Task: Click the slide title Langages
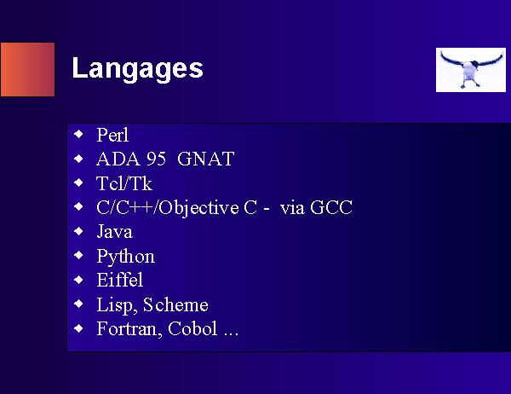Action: coord(137,69)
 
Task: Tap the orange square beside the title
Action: coord(28,70)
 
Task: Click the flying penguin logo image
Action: coord(471,70)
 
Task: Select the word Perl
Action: coord(112,135)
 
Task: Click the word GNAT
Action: coord(205,159)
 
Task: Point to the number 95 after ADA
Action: coord(156,159)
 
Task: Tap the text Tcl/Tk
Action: coord(124,183)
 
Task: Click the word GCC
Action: coord(331,207)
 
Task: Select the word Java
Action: coord(115,232)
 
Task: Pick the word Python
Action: coord(126,257)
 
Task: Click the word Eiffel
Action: coord(120,280)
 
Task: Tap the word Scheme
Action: coord(175,304)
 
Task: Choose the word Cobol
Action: coord(192,328)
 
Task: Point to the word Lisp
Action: coord(117,305)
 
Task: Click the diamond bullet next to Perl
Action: coord(78,134)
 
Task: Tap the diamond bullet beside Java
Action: coord(78,231)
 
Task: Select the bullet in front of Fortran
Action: coord(78,328)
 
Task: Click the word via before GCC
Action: coord(292,208)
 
